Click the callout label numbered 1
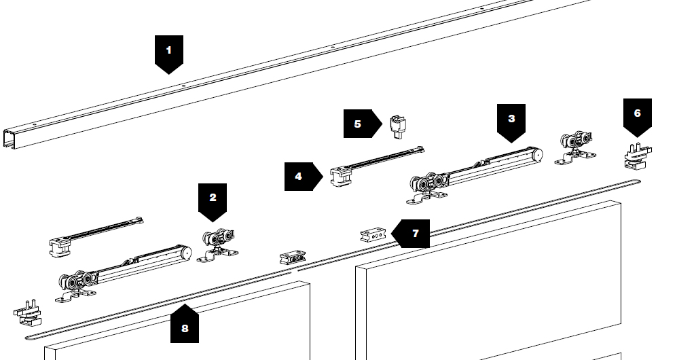point(169,51)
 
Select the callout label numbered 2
point(213,199)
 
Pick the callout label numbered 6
point(637,114)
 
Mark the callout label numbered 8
point(184,327)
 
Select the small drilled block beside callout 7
point(373,234)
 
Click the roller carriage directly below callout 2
point(217,244)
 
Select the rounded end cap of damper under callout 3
point(537,155)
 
